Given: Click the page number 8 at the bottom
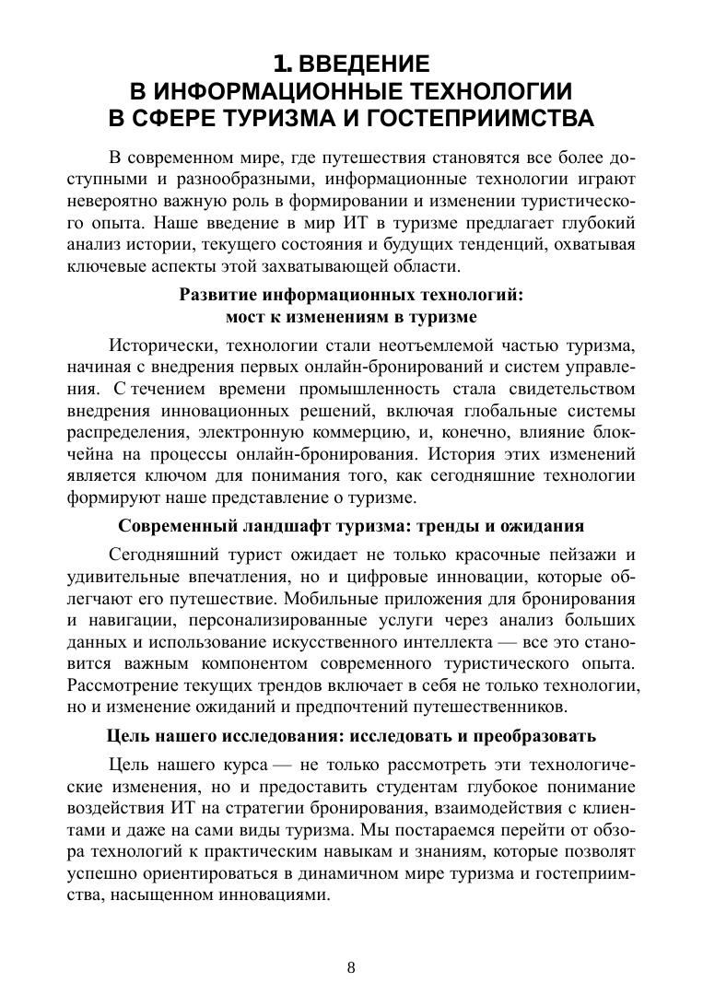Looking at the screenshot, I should point(351,967).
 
